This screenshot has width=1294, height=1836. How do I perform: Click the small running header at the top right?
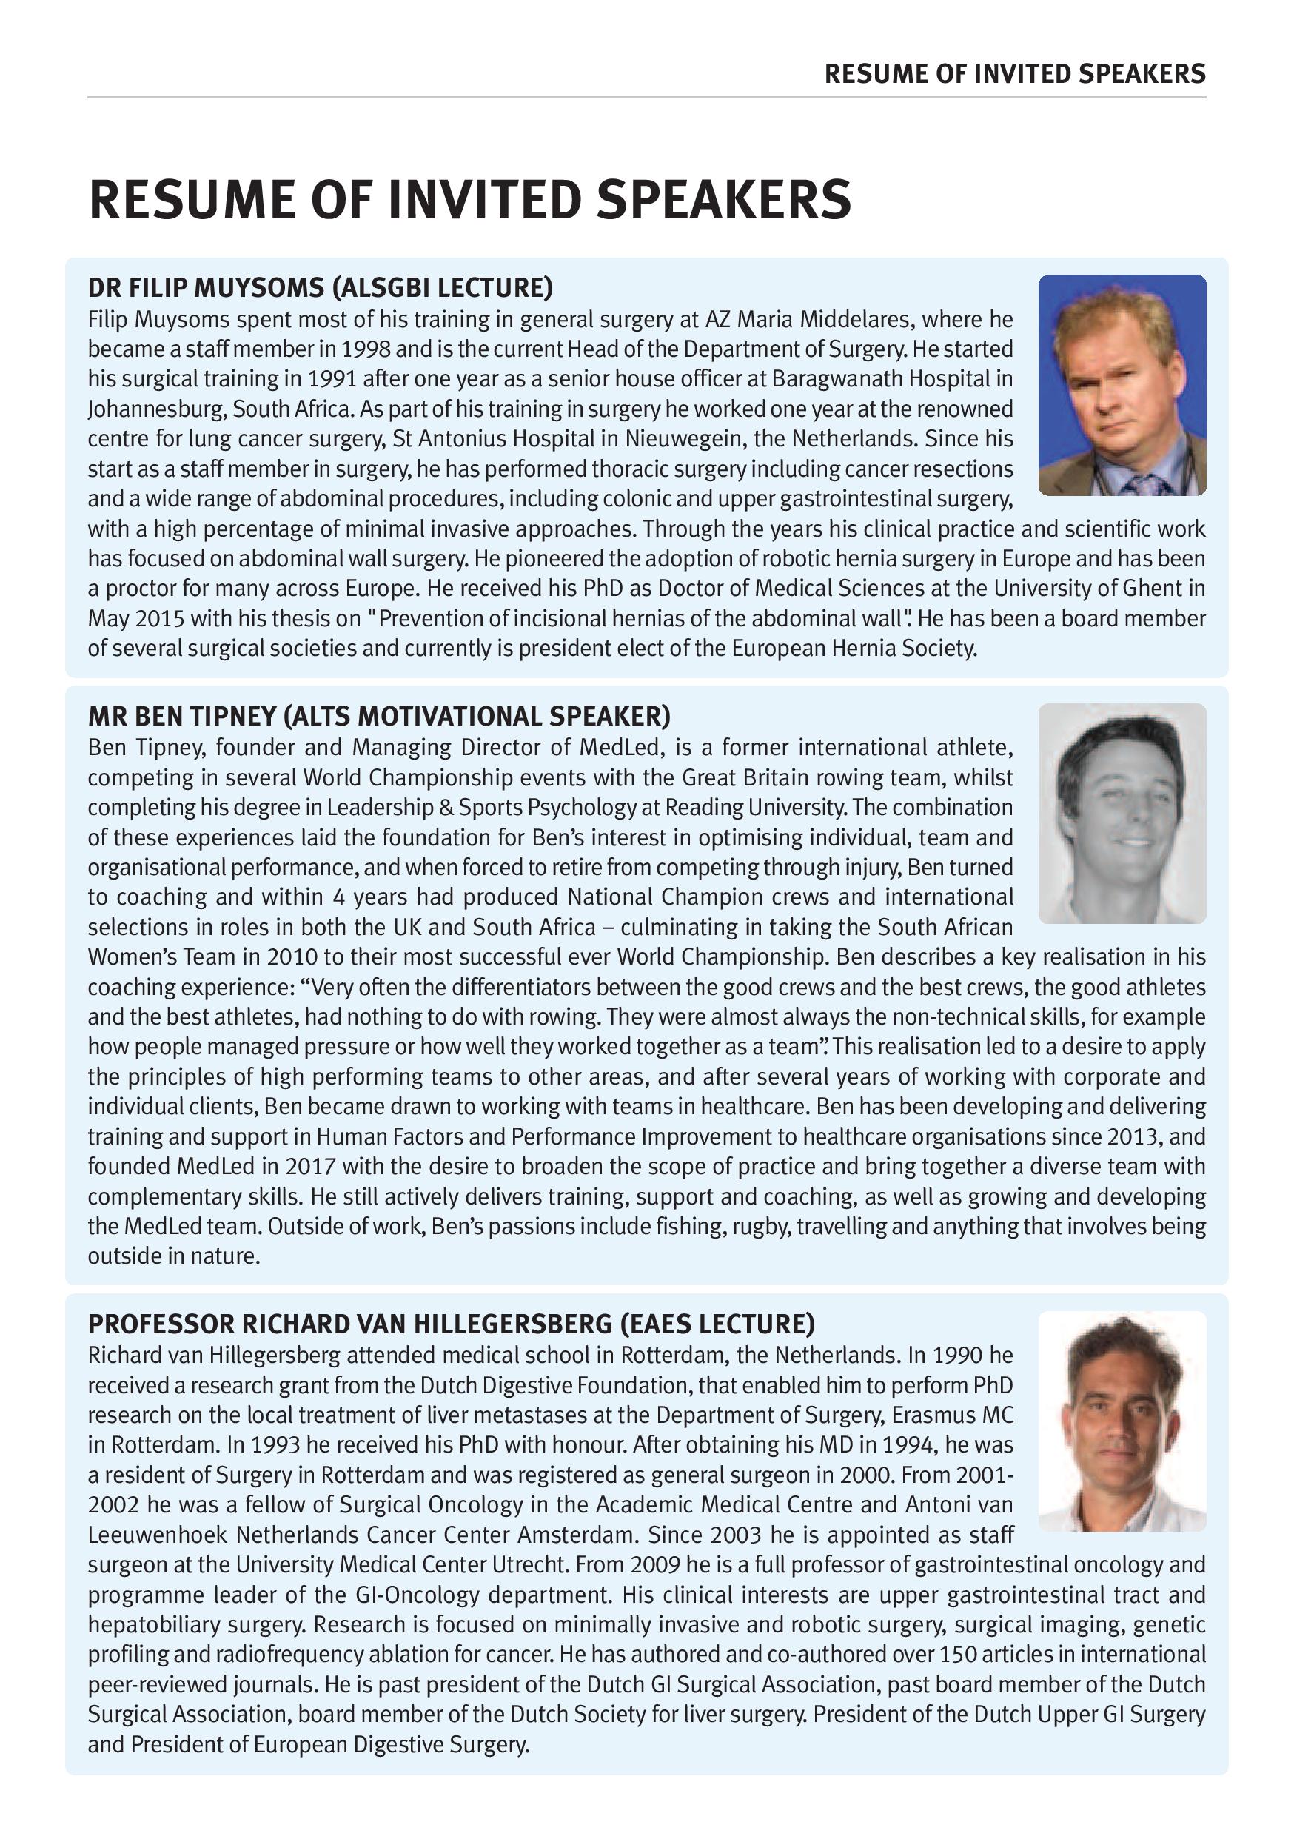[x=1014, y=74]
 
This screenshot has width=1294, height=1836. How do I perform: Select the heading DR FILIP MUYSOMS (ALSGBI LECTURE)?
[x=320, y=287]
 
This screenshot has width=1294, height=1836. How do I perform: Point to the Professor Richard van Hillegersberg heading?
[x=451, y=1324]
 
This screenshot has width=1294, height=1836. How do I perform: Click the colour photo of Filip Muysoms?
[x=1122, y=385]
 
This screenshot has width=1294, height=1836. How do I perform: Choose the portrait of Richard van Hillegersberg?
[x=1122, y=1420]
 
